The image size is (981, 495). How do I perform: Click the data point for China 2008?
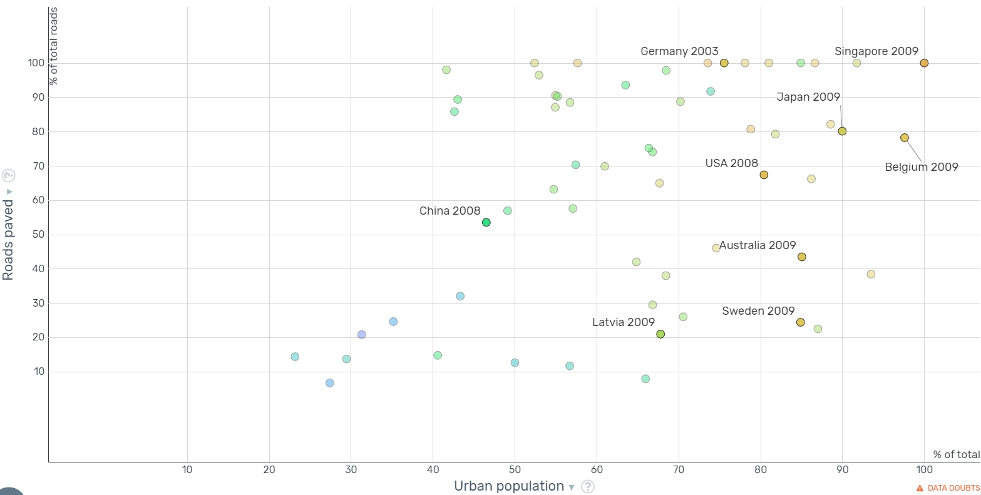point(486,222)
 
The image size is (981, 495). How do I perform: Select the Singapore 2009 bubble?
point(924,63)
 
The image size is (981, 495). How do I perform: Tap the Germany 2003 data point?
point(724,63)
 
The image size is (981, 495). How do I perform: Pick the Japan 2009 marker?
point(842,131)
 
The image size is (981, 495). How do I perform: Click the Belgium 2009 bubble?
point(905,138)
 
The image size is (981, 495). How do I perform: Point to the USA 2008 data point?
point(764,175)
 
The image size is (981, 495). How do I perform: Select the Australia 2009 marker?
point(802,257)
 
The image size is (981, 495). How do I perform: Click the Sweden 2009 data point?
point(800,322)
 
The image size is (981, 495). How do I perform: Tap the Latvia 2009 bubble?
point(660,334)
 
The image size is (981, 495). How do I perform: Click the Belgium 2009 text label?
point(922,167)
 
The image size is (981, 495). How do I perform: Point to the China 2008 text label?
point(450,211)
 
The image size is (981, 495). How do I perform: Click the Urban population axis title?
point(509,486)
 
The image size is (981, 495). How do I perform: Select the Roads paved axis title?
point(8,240)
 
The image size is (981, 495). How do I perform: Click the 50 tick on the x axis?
point(515,469)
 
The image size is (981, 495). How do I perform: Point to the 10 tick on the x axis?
point(187,469)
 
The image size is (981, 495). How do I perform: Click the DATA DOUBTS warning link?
point(948,488)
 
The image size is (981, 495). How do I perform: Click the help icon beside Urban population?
point(588,487)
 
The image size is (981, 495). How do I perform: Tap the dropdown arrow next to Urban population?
point(571,487)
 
